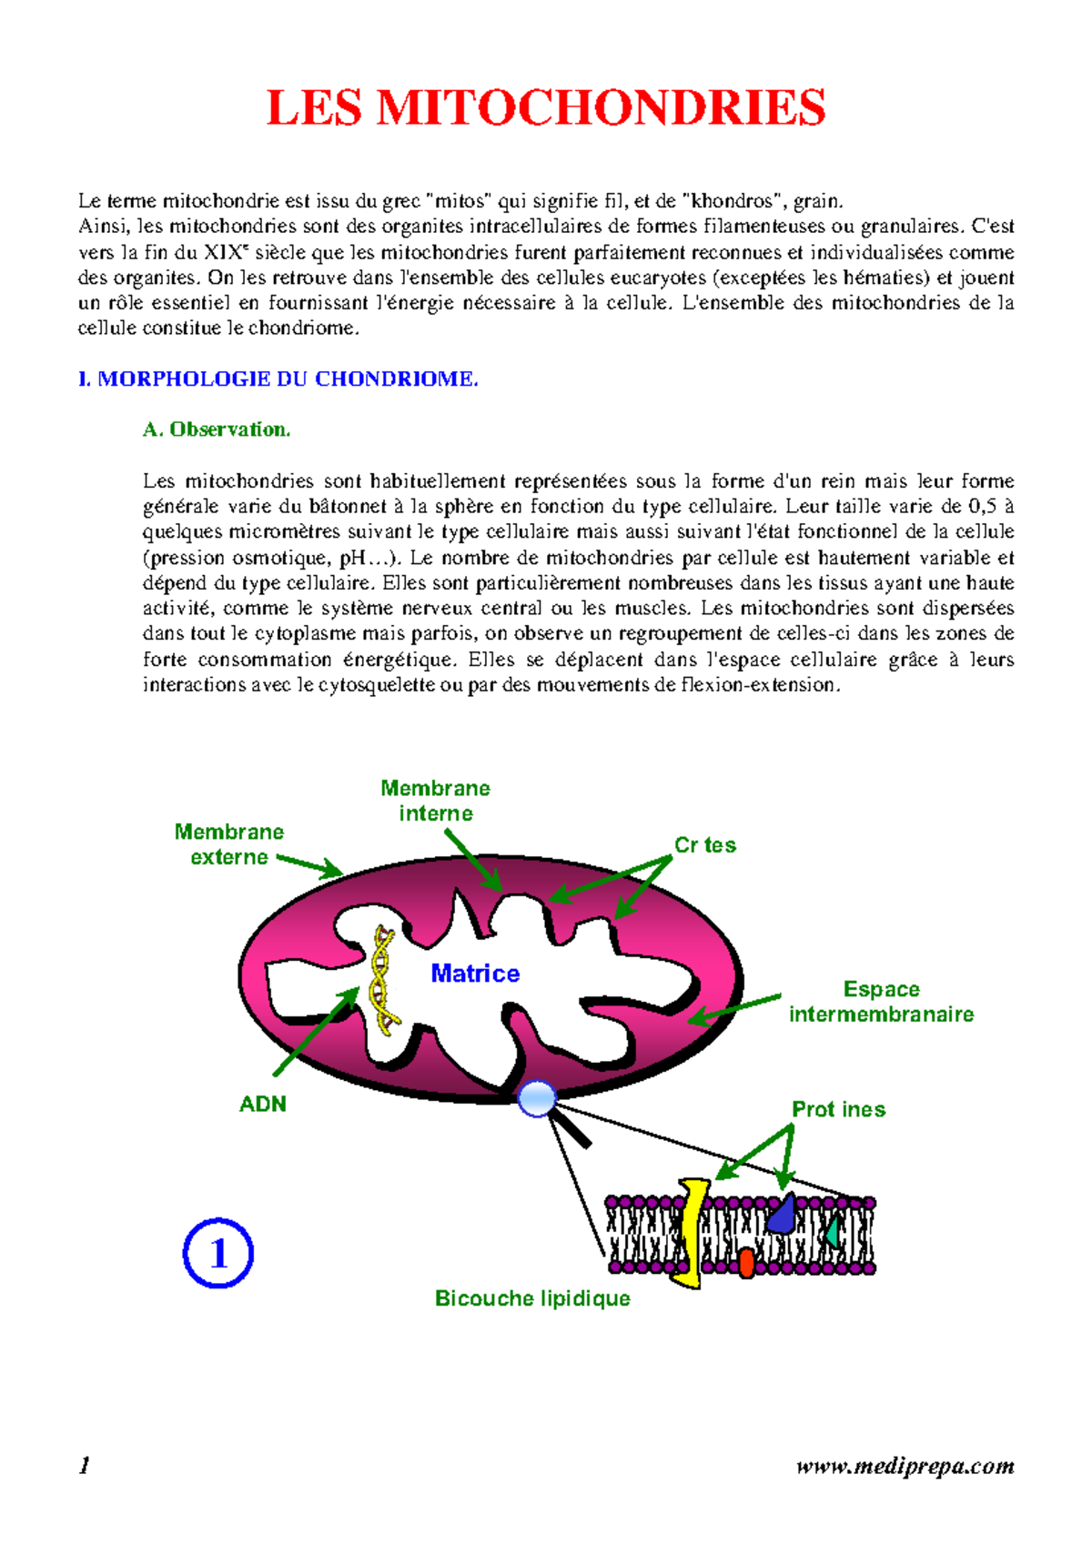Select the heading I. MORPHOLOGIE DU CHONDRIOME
coord(278,379)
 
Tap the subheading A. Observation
coord(217,429)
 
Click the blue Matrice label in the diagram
coord(475,974)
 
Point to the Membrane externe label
coord(228,844)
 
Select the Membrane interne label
coord(435,801)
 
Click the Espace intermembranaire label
coord(881,1002)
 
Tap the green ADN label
coord(262,1104)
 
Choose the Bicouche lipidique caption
coord(532,1298)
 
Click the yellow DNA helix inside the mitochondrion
coord(383,978)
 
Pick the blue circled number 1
coord(218,1254)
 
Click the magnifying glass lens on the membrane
coord(537,1098)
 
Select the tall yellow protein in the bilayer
coord(693,1233)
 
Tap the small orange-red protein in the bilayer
coord(746,1262)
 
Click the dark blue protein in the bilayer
coord(781,1214)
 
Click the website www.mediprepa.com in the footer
coord(905,1466)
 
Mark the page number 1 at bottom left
coord(85,1465)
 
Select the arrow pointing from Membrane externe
coord(309,865)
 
